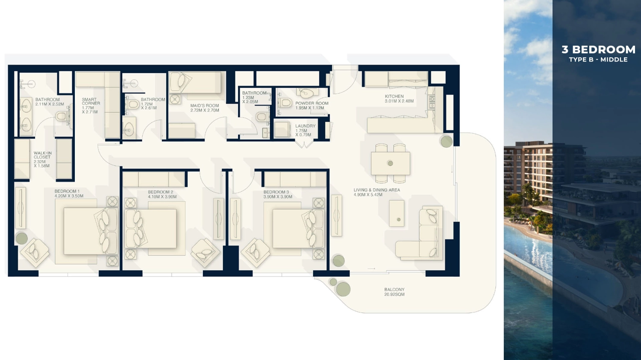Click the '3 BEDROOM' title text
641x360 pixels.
click(x=598, y=50)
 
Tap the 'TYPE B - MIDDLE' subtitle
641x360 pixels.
click(x=598, y=59)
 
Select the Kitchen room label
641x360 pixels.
click(x=399, y=99)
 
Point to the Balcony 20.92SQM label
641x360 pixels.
click(x=394, y=292)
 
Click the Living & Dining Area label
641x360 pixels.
click(x=376, y=192)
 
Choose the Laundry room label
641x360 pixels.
click(x=306, y=130)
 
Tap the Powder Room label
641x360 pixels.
click(x=312, y=105)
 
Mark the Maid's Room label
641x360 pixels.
click(x=205, y=108)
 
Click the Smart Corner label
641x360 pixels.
click(x=91, y=106)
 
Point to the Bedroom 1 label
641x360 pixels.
click(x=69, y=193)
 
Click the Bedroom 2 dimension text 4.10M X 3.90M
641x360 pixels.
click(x=162, y=197)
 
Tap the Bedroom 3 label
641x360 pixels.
click(x=278, y=194)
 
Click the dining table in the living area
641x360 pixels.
click(x=390, y=163)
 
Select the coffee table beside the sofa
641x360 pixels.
click(x=397, y=214)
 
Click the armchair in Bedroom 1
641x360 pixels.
click(x=35, y=253)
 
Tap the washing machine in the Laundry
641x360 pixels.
click(x=282, y=129)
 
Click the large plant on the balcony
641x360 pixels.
click(x=343, y=289)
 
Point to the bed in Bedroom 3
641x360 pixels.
click(x=295, y=228)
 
